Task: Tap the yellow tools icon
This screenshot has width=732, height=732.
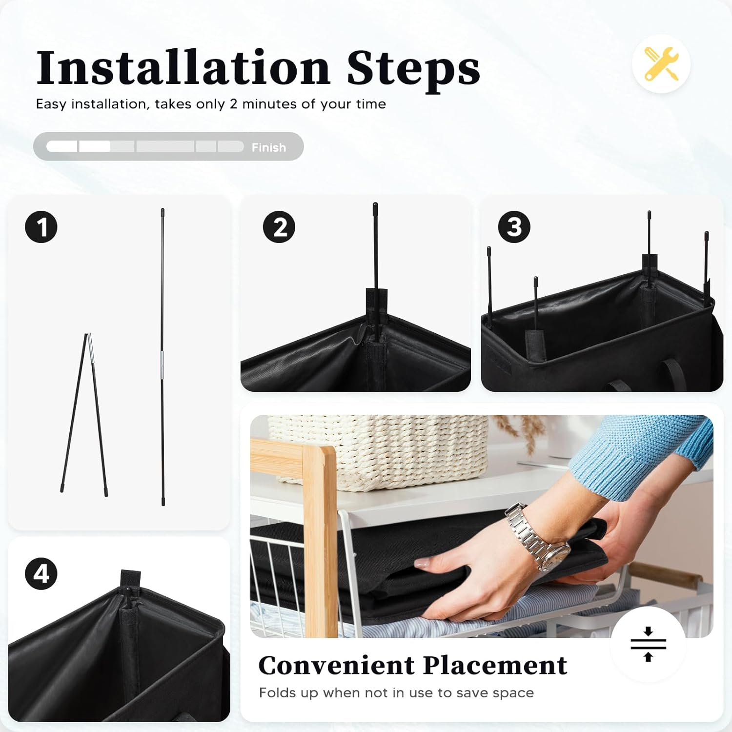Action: coord(661,64)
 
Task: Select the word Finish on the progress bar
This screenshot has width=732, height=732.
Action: coord(268,147)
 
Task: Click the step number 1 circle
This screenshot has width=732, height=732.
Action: coord(41,227)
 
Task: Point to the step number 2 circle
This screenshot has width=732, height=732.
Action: coord(279,227)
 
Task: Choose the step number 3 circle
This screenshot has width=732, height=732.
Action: coord(514,227)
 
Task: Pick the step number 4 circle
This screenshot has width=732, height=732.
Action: coord(41,574)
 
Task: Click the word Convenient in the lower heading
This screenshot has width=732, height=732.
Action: coord(337,665)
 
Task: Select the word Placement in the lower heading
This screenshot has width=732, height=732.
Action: coord(495,665)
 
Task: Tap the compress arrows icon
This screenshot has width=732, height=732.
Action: coord(648,644)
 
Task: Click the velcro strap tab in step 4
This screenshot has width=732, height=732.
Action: coord(130,579)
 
